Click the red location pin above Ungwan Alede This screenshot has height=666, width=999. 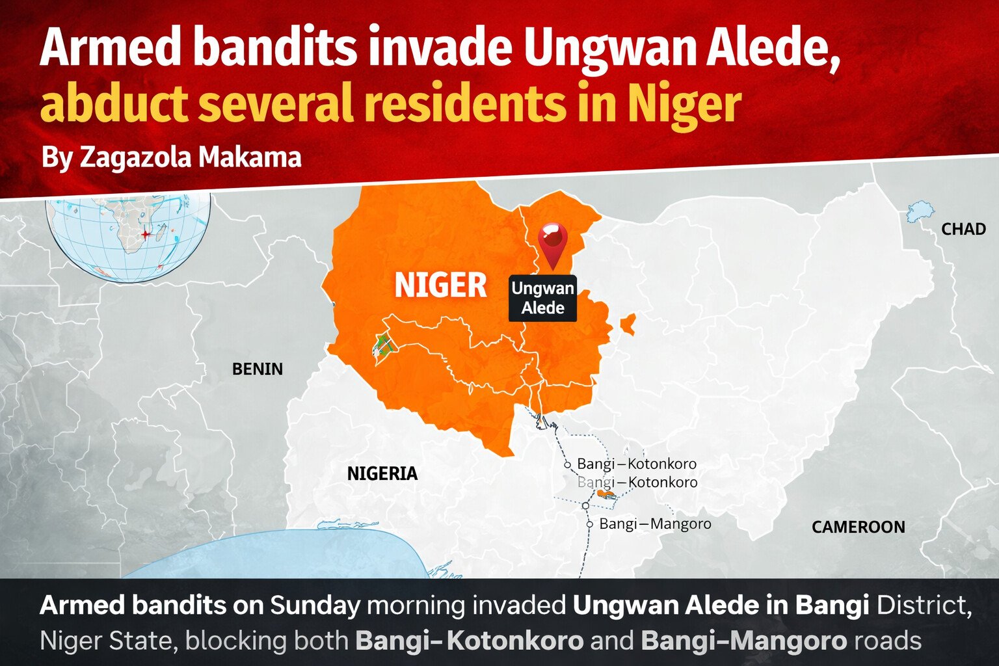(553, 241)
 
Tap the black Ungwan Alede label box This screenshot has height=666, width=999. (542, 298)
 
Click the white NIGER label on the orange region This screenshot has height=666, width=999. (440, 286)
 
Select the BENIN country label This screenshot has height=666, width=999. (258, 369)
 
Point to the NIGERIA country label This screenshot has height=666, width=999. (382, 473)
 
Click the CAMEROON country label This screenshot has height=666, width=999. (858, 527)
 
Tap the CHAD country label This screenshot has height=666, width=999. (963, 229)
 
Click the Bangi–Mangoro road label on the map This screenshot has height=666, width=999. (654, 524)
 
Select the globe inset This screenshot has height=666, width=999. (129, 238)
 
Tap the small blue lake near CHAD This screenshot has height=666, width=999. (920, 211)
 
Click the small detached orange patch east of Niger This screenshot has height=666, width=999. (628, 324)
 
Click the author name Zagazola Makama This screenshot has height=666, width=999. (190, 157)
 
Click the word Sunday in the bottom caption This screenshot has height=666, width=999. (315, 606)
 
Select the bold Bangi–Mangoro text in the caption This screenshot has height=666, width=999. (743, 641)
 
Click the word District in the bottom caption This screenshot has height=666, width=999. (924, 606)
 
